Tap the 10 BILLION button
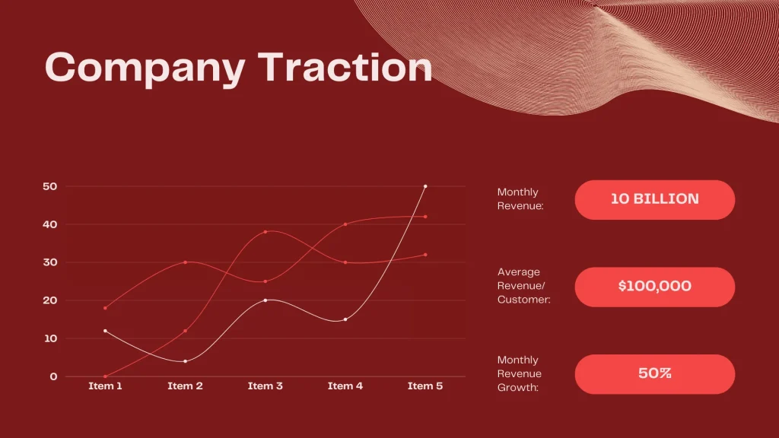pyautogui.click(x=654, y=199)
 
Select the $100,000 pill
pyautogui.click(x=654, y=287)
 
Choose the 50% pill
pyautogui.click(x=654, y=374)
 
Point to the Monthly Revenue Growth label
pyautogui.click(x=520, y=373)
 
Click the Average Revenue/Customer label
pyautogui.click(x=523, y=286)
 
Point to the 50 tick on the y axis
pyautogui.click(x=49, y=186)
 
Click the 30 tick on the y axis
pyautogui.click(x=49, y=262)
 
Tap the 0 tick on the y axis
pyautogui.click(x=53, y=376)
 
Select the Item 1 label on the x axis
pyautogui.click(x=105, y=386)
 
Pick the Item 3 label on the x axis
pyautogui.click(x=265, y=386)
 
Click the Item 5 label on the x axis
pyautogui.click(x=424, y=386)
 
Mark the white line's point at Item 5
pyautogui.click(x=425, y=186)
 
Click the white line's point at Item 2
pyautogui.click(x=185, y=361)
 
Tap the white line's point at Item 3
pyautogui.click(x=265, y=300)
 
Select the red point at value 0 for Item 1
pyautogui.click(x=105, y=376)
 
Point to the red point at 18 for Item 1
pyautogui.click(x=105, y=308)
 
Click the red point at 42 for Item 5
pyautogui.click(x=425, y=217)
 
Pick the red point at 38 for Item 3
pyautogui.click(x=265, y=232)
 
